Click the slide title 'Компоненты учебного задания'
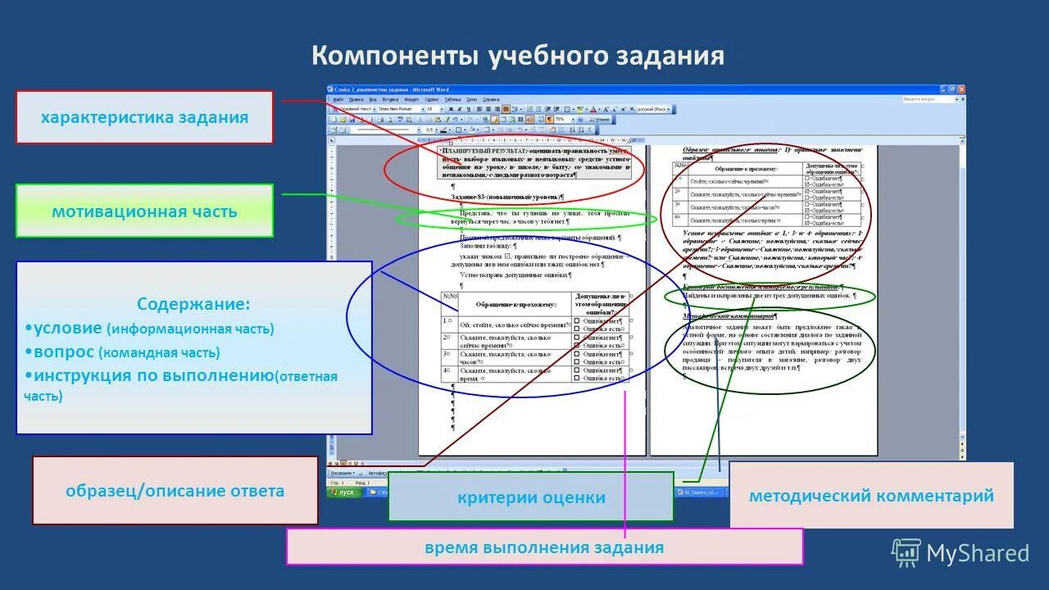click(517, 56)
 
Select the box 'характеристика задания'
click(144, 117)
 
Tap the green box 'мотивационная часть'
click(144, 211)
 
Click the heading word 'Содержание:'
click(193, 305)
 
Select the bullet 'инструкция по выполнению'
click(151, 376)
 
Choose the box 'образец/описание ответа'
click(175, 491)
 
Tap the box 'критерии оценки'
click(531, 497)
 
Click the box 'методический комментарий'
click(870, 495)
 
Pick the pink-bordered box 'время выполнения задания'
click(544, 547)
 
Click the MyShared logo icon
click(906, 553)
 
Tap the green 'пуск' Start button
click(343, 492)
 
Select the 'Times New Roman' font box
click(396, 109)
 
